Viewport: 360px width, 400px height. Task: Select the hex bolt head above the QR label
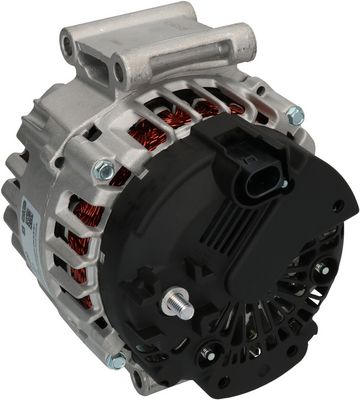[x=103, y=171]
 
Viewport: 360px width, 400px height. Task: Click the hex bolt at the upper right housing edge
[x=295, y=116]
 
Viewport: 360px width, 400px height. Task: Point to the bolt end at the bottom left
[x=119, y=360]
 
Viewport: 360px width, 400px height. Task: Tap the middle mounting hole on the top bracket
[x=119, y=70]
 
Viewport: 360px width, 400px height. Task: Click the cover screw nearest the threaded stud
[x=212, y=349]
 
